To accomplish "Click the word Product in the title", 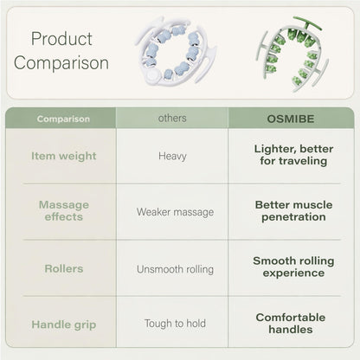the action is point(61,39).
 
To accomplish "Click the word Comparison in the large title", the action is point(61,63).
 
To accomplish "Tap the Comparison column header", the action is point(63,119).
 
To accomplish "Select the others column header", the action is point(172,118).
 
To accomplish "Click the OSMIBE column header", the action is point(291,119).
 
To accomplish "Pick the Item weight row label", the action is point(64,156).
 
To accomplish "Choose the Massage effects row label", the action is point(64,210).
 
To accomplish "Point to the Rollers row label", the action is point(64,268).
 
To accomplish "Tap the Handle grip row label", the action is point(64,325).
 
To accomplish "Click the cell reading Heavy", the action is point(172,157).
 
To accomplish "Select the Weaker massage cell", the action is point(175,212).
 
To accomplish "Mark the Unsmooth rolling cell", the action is point(175,269).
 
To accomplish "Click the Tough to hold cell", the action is point(175,324).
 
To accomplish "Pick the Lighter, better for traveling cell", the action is point(293,155).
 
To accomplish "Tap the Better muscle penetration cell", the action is point(293,211).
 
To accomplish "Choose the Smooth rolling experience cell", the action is point(293,267).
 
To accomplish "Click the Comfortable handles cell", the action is point(291,324).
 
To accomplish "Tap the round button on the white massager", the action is point(151,75).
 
